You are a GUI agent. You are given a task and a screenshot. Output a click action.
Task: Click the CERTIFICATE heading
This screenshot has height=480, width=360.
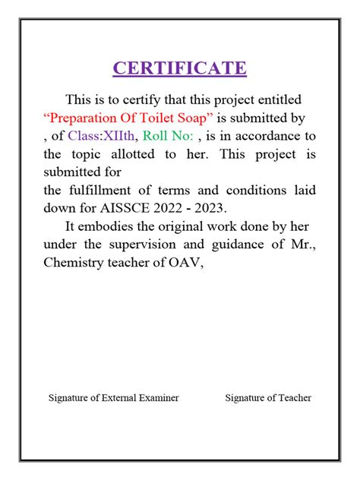point(180,68)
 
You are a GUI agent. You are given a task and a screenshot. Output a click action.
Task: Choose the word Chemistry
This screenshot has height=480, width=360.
point(76,263)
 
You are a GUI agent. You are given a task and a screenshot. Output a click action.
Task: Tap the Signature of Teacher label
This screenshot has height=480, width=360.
point(268,398)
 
